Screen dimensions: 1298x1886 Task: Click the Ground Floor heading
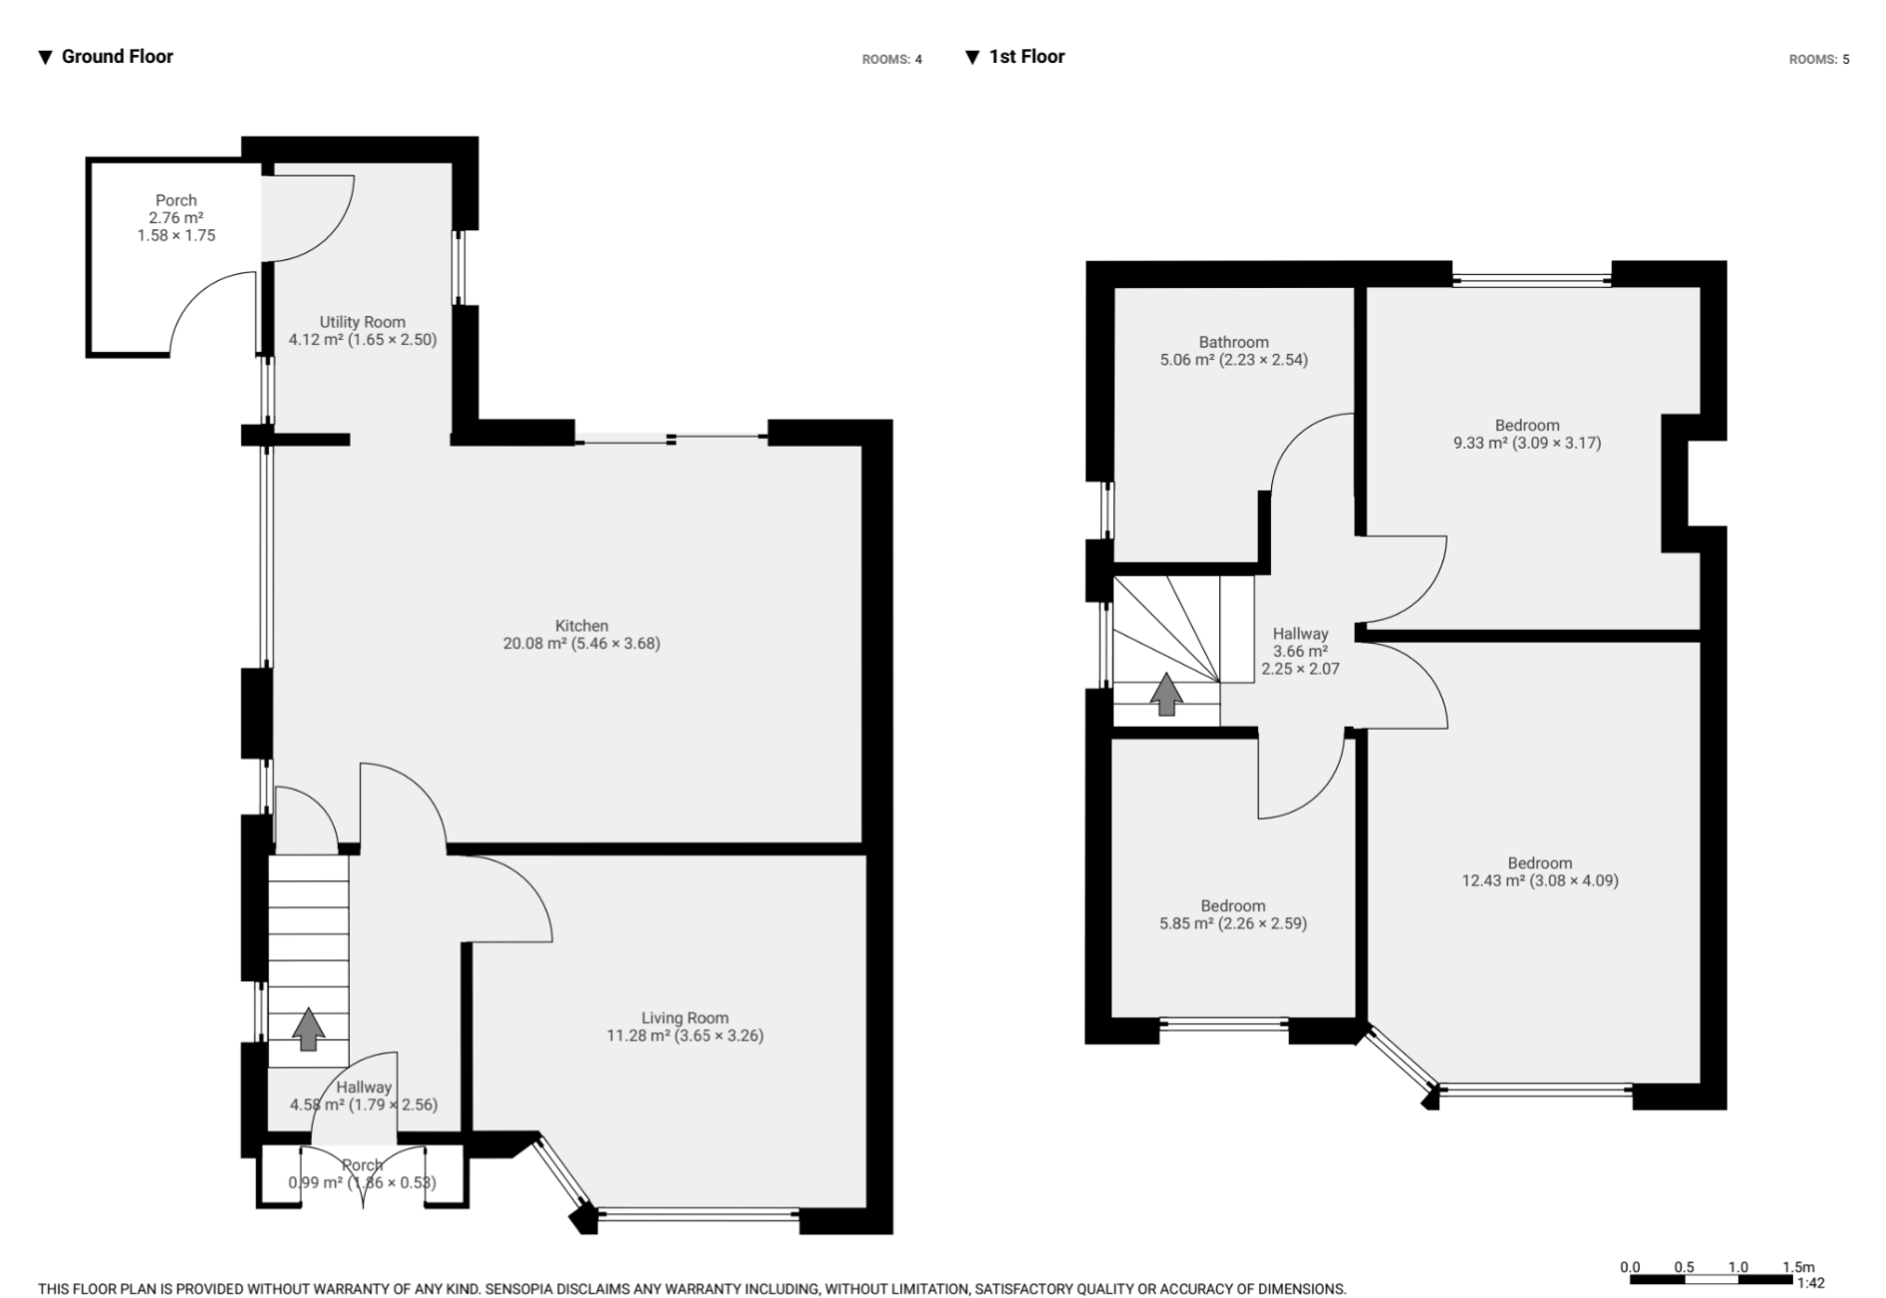pyautogui.click(x=117, y=57)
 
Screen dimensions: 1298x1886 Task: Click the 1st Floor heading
pyautogui.click(x=1026, y=57)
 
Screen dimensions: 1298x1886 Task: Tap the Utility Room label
pyautogui.click(x=362, y=322)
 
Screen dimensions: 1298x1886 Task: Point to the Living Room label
pyautogui.click(x=684, y=1018)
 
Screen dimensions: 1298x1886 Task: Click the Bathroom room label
pyautogui.click(x=1233, y=342)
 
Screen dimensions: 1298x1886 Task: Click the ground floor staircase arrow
pyautogui.click(x=308, y=1029)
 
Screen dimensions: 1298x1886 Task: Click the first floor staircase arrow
pyautogui.click(x=1166, y=695)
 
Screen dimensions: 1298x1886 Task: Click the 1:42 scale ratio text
pyautogui.click(x=1811, y=1283)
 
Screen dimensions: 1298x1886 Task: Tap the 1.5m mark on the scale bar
pyautogui.click(x=1798, y=1267)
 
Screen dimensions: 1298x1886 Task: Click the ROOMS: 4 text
pyautogui.click(x=891, y=60)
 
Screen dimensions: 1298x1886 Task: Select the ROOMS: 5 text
pyautogui.click(x=1818, y=60)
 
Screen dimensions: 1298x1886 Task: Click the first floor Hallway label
pyautogui.click(x=1300, y=634)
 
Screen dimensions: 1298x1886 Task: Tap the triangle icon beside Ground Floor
pyautogui.click(x=45, y=58)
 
